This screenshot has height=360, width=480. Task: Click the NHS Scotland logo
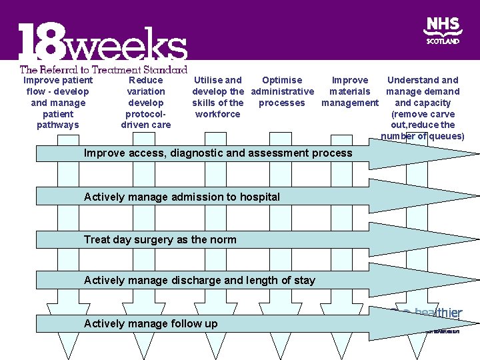tap(443, 31)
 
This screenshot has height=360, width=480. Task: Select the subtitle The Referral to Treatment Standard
tap(103, 69)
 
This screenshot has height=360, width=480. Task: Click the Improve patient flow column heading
tap(58, 103)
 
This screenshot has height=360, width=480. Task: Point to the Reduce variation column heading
tap(146, 103)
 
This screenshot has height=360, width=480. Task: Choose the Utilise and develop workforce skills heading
tap(217, 97)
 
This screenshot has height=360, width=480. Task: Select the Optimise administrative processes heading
tap(282, 91)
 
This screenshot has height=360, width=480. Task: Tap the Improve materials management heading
tap(350, 91)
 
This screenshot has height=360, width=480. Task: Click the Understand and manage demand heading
tap(423, 108)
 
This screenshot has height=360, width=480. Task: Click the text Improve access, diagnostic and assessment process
tap(218, 153)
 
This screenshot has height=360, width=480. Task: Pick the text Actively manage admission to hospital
tap(182, 197)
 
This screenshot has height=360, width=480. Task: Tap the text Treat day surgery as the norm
tap(160, 239)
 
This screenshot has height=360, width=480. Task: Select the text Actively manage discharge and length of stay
tap(199, 280)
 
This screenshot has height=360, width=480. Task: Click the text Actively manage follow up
tap(151, 323)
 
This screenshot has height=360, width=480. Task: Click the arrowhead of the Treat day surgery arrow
tap(427, 239)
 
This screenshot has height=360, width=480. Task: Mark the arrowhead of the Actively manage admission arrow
tap(427, 196)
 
